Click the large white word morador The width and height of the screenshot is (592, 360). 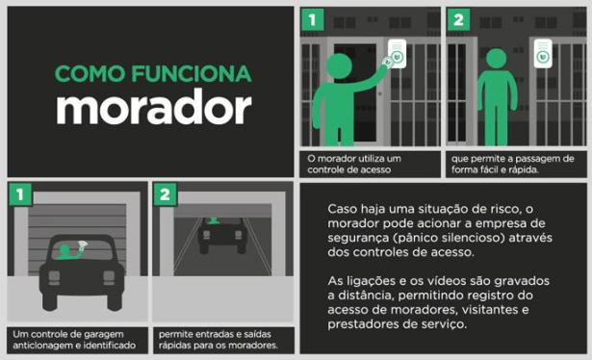154,107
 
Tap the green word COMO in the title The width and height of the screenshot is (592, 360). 90,73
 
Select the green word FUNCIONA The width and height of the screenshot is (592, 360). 192,73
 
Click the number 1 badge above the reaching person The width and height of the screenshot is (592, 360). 312,19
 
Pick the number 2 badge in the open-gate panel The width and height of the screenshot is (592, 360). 458,19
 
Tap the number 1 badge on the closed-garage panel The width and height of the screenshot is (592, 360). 20,194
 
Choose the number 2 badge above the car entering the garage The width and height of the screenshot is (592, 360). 165,194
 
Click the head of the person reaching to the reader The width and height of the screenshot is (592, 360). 339,66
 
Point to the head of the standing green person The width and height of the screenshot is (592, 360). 496,59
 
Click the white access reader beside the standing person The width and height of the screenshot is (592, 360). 543,54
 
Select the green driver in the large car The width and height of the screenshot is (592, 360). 68,252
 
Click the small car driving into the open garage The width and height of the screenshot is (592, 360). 222,234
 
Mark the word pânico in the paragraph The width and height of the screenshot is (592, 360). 420,238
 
